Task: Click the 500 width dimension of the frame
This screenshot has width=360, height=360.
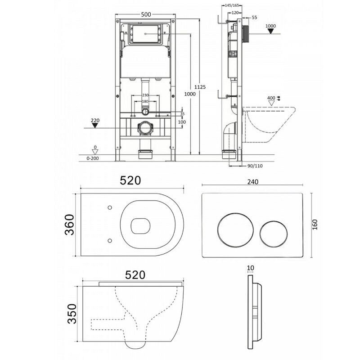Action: [x=146, y=14]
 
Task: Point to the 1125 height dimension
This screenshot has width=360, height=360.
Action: [x=200, y=87]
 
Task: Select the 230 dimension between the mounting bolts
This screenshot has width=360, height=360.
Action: [x=145, y=95]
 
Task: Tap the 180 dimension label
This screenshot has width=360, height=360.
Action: [x=145, y=101]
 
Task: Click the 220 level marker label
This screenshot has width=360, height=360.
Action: [x=95, y=120]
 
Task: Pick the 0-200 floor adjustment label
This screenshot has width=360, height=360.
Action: [x=93, y=158]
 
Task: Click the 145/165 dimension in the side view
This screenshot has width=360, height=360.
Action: [x=232, y=5]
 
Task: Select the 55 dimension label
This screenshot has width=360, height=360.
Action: [x=254, y=18]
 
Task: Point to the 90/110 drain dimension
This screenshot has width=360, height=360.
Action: [x=255, y=166]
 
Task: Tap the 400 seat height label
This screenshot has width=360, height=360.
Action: [x=271, y=98]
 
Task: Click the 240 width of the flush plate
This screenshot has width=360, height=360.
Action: [x=253, y=182]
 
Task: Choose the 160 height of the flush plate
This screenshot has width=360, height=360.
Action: [x=315, y=225]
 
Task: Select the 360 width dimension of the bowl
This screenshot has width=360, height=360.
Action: [x=70, y=225]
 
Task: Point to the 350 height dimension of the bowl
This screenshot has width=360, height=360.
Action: [x=72, y=314]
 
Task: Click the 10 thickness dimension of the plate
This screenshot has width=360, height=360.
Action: [x=251, y=268]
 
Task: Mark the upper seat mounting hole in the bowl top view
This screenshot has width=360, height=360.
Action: [x=110, y=207]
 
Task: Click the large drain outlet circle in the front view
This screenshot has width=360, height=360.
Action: [x=145, y=128]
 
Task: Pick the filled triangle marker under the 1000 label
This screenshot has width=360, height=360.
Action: [x=271, y=31]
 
